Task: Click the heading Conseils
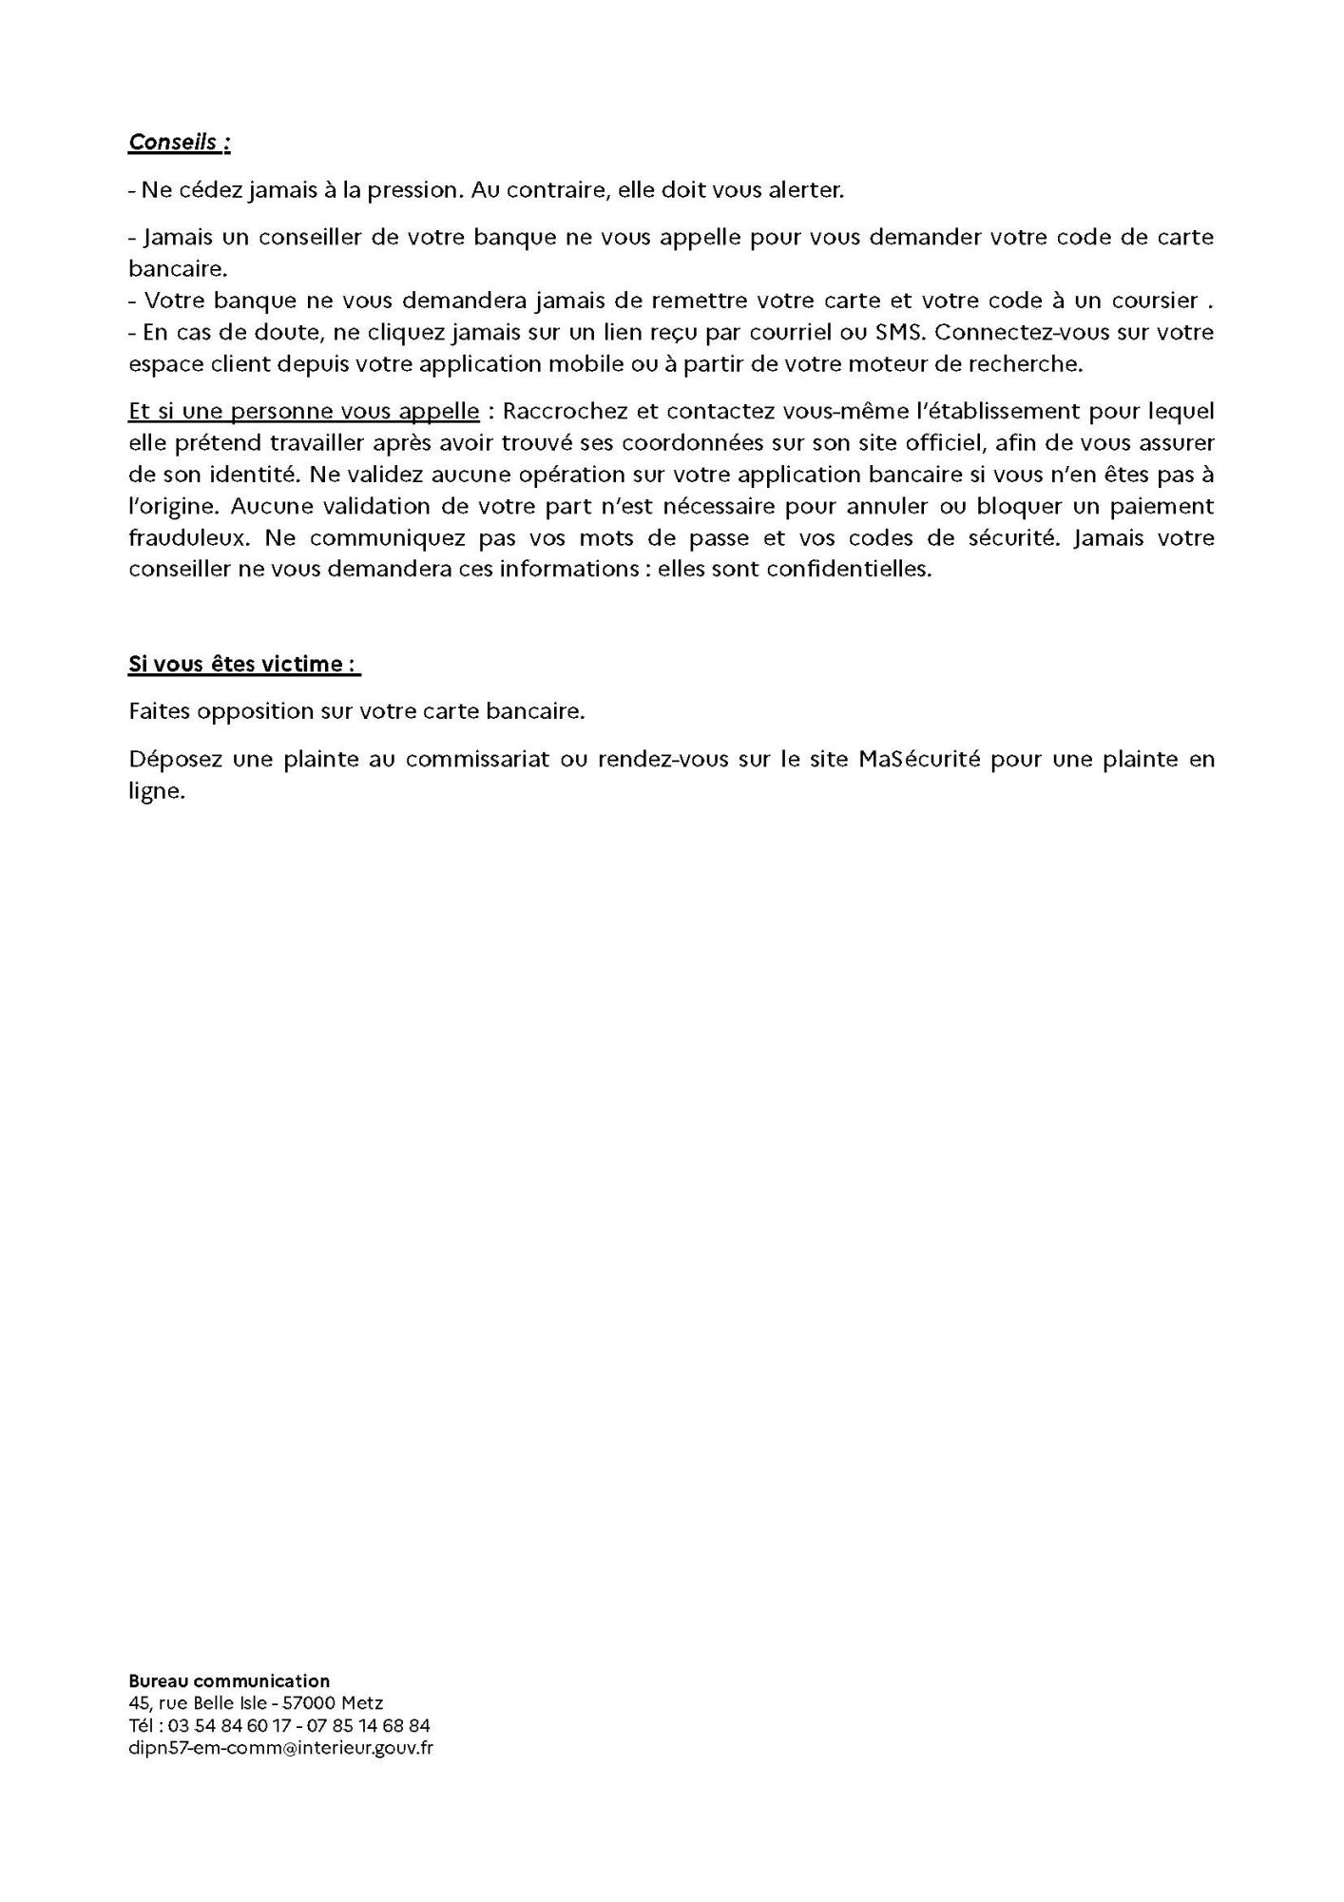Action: click(x=179, y=142)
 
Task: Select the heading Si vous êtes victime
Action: click(x=244, y=664)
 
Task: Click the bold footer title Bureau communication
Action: click(x=229, y=1681)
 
